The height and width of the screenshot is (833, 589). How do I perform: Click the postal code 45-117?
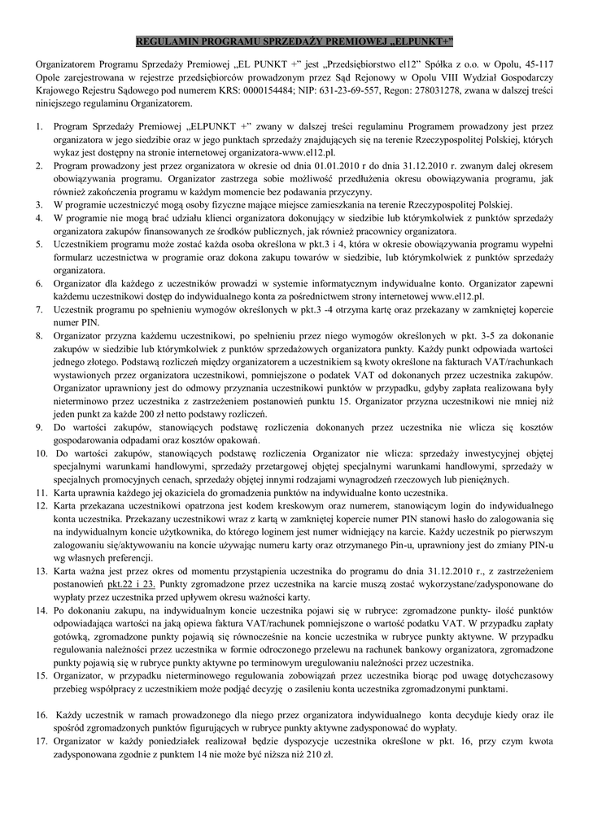pyautogui.click(x=538, y=63)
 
